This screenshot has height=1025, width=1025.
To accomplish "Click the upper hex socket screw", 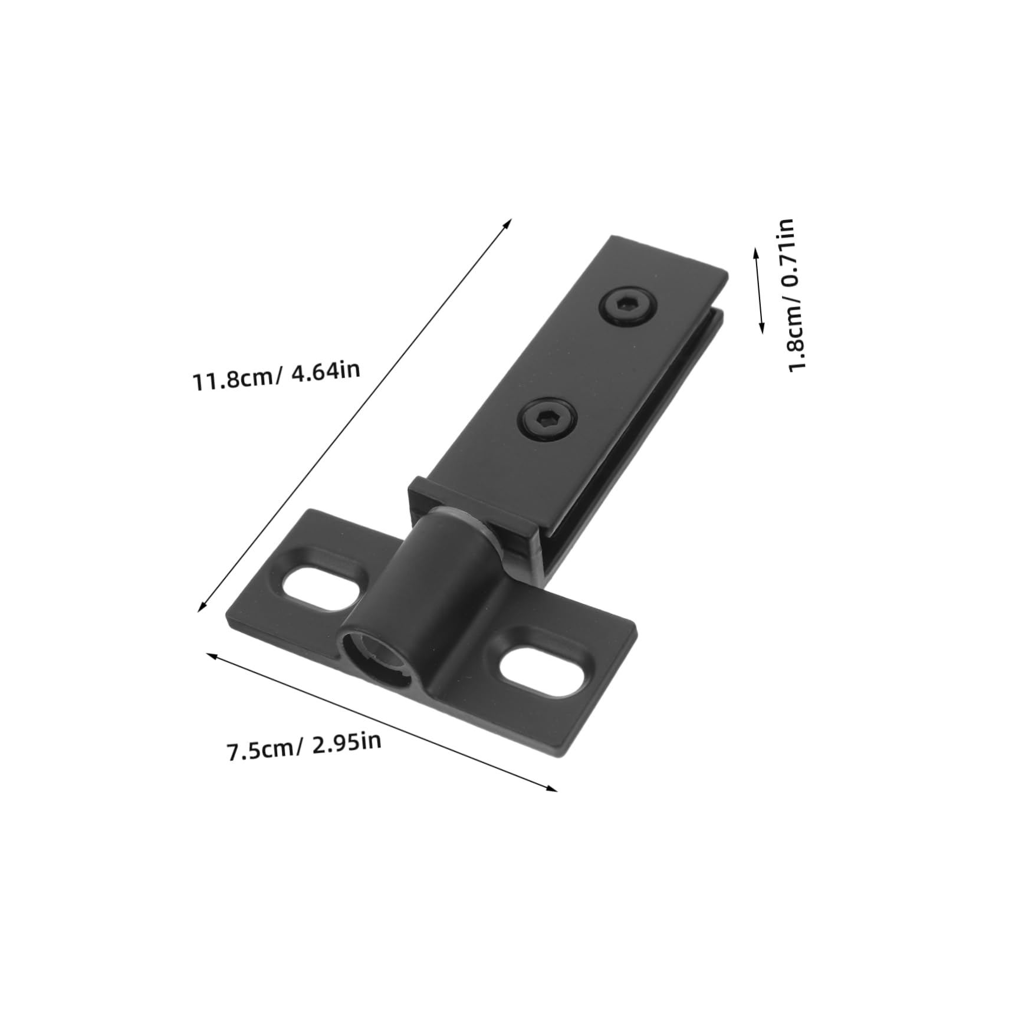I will (x=630, y=307).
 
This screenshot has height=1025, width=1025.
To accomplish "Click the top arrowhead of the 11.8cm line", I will (x=509, y=222).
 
